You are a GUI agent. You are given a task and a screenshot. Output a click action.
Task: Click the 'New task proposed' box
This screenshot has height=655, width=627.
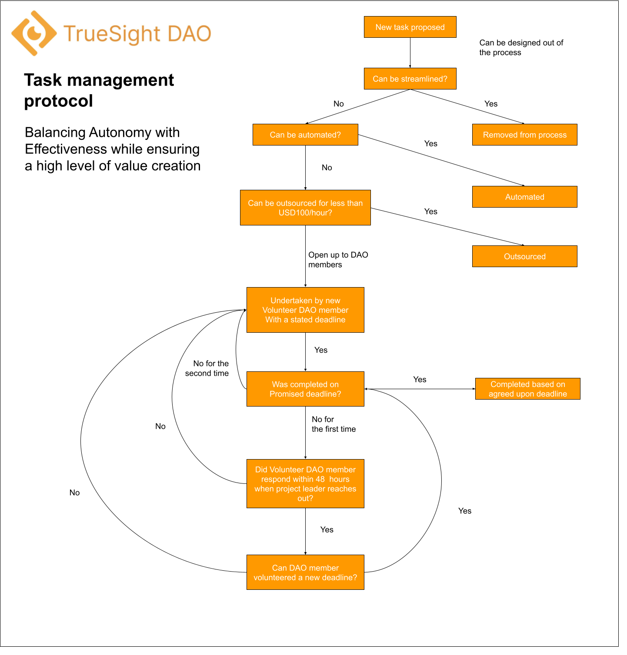[x=410, y=27]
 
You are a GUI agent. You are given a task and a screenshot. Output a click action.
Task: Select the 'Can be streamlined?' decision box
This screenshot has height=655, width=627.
[x=410, y=79]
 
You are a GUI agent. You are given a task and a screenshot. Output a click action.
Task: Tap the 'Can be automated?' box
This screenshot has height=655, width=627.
[x=305, y=135]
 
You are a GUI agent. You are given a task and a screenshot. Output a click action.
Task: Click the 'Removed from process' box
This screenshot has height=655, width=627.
[x=524, y=135]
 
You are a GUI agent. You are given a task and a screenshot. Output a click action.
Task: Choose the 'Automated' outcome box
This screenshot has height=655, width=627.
[x=524, y=197]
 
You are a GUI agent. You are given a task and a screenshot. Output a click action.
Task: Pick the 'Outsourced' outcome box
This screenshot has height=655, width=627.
[x=524, y=256]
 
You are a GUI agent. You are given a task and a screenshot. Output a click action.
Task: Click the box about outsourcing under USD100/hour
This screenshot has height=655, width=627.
[x=305, y=208]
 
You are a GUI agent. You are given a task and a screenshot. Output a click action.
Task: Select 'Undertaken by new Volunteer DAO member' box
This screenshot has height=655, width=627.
[x=305, y=310]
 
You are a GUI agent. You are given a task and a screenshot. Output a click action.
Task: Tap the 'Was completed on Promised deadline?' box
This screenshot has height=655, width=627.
[x=305, y=389]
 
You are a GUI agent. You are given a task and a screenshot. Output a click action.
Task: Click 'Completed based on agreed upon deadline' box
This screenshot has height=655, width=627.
[x=527, y=389]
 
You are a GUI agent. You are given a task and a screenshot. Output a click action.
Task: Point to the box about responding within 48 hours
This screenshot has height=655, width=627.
[x=305, y=483]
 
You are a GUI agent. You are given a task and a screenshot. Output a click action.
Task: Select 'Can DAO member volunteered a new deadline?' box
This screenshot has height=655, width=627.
[x=305, y=572]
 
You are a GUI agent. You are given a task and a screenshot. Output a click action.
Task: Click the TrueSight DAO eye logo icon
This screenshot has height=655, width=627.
[x=34, y=33]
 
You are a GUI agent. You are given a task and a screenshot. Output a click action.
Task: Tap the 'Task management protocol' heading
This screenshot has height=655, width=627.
[x=99, y=90]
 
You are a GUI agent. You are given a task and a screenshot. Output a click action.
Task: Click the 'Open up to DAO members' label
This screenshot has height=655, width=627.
[x=338, y=260]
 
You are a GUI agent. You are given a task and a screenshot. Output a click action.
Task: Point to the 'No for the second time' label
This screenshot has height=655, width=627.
[x=207, y=368]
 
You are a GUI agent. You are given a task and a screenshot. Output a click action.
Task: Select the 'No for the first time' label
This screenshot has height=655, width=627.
[x=334, y=424]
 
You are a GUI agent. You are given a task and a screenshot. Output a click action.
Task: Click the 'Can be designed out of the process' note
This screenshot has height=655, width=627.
[x=521, y=47]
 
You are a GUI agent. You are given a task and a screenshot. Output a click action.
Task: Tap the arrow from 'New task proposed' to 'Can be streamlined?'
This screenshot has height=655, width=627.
[x=410, y=53]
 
